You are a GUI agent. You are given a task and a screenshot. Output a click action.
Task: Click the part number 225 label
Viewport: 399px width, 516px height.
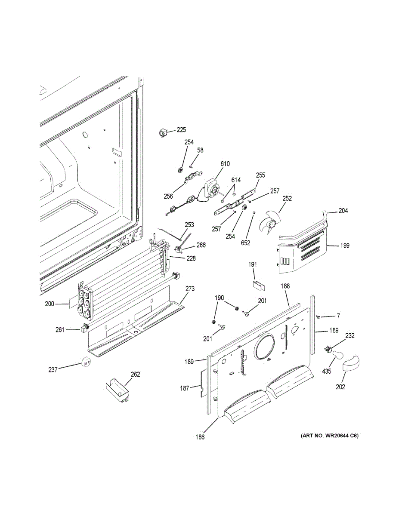[x=181, y=130]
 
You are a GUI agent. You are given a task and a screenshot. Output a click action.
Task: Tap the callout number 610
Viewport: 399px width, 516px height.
[x=225, y=164]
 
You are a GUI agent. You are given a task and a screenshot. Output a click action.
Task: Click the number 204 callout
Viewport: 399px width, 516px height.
[x=343, y=211]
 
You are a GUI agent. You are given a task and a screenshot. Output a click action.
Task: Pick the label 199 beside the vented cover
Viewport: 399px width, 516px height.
[x=344, y=246]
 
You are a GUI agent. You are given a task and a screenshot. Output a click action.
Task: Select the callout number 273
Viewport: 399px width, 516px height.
[x=190, y=289]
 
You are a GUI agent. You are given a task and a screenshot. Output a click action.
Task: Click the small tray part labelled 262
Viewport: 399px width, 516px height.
[x=118, y=389]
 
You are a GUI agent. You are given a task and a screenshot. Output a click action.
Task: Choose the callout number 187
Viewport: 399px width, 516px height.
[x=184, y=389]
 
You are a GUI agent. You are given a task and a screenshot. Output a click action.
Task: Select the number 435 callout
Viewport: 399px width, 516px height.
[x=326, y=371]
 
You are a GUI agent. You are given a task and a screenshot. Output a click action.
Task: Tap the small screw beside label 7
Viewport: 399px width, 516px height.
[x=318, y=317]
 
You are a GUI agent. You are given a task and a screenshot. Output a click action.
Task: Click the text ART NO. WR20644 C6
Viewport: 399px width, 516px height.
[x=329, y=436]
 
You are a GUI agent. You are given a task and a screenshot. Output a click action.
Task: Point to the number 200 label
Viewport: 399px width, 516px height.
[x=49, y=304]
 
